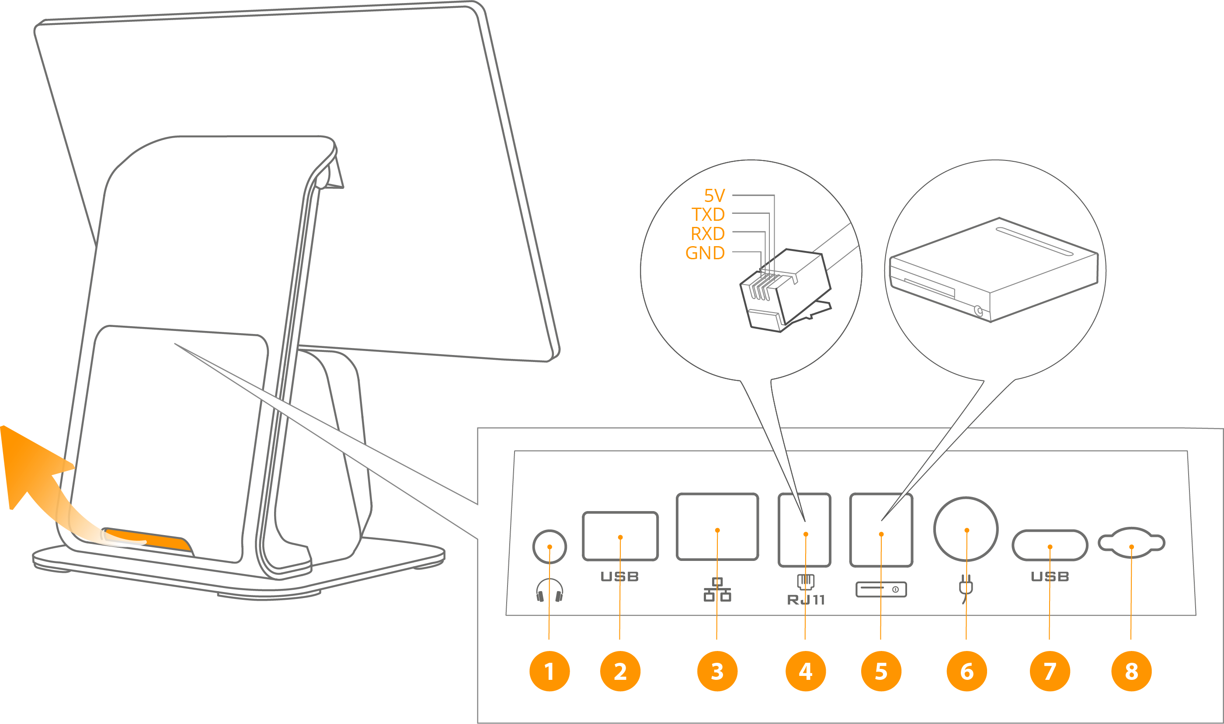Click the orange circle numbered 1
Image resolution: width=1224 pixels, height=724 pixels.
click(x=549, y=671)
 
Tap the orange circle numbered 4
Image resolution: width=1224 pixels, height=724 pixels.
click(x=805, y=671)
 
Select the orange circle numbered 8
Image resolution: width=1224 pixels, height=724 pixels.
click(x=1131, y=671)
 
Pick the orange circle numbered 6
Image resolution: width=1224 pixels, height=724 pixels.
click(x=967, y=671)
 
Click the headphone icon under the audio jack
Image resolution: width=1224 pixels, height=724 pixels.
click(x=549, y=590)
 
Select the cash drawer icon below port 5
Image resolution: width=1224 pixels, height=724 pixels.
click(x=881, y=589)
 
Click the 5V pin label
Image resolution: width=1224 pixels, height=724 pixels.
click(x=714, y=195)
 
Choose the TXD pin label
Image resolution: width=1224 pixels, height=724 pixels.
click(x=708, y=215)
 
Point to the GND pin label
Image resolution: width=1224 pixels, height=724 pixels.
click(x=705, y=253)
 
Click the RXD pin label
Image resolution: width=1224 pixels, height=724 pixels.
click(x=708, y=234)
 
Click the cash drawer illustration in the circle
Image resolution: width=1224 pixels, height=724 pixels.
click(x=994, y=269)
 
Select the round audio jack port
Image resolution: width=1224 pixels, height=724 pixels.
click(x=549, y=546)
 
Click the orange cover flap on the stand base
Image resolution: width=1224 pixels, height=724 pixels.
click(x=146, y=539)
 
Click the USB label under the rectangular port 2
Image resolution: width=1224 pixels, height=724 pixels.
click(x=619, y=577)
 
